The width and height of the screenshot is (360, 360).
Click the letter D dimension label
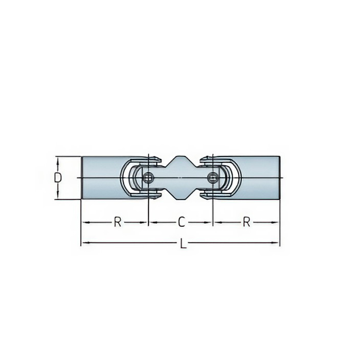[58, 178]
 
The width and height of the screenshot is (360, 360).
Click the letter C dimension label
[182, 222]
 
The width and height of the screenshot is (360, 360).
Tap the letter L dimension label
[183, 243]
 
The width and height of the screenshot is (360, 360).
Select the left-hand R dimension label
[118, 222]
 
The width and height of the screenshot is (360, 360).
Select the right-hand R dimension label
[246, 222]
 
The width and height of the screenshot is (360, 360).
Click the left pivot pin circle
[148, 178]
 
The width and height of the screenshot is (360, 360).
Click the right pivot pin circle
[212, 178]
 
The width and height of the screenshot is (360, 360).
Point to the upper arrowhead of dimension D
[58, 160]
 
